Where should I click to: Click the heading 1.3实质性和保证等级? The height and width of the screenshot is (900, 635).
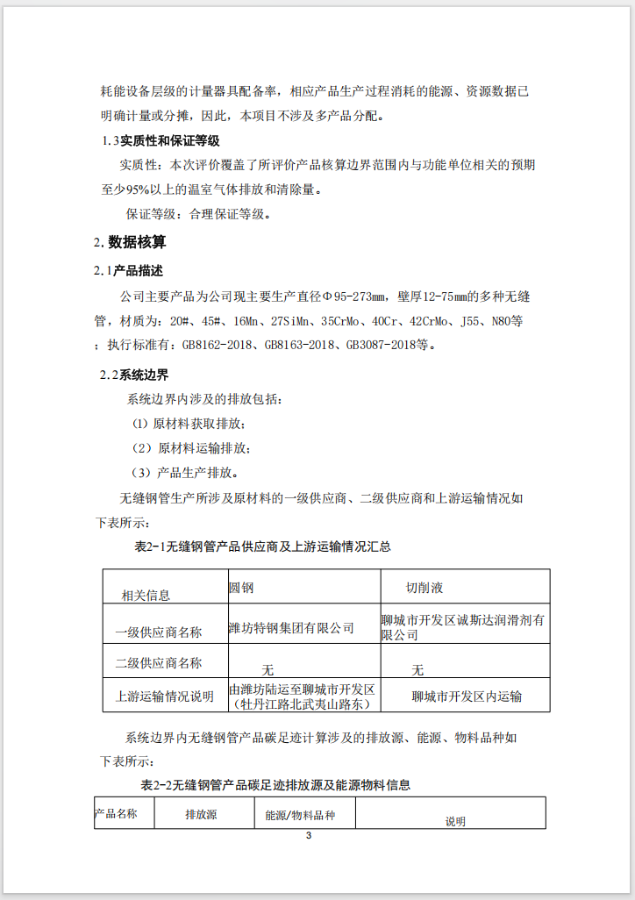(161, 140)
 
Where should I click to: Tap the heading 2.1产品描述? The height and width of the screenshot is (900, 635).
(129, 270)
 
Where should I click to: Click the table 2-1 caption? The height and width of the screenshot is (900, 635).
(262, 546)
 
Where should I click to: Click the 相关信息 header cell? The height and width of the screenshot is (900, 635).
(146, 596)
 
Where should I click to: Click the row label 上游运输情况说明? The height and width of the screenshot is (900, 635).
(165, 696)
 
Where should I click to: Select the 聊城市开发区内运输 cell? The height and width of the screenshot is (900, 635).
(467, 697)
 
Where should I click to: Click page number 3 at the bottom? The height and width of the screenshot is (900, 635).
(309, 835)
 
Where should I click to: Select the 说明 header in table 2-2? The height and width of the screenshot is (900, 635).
(455, 822)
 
